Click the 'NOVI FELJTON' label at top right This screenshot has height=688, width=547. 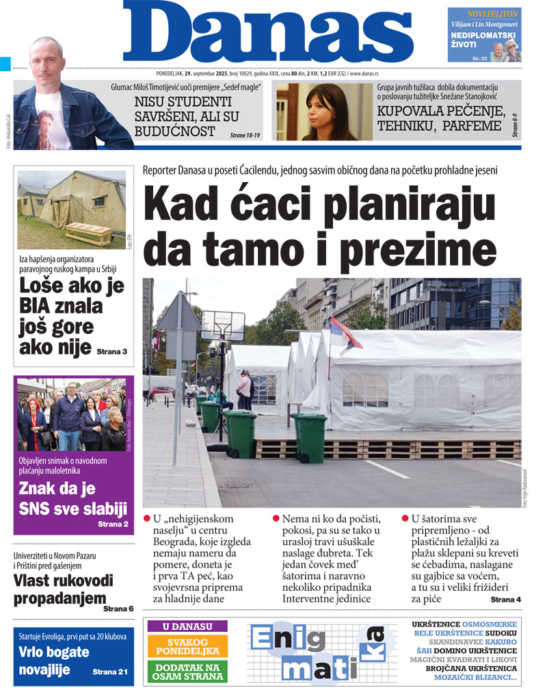(x=492, y=14)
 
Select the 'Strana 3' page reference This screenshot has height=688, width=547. (x=111, y=351)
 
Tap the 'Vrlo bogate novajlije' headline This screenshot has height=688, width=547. (x=54, y=661)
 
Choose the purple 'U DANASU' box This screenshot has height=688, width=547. (x=187, y=626)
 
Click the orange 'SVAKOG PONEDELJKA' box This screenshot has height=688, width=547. (x=187, y=646)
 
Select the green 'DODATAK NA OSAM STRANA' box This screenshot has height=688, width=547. (x=187, y=671)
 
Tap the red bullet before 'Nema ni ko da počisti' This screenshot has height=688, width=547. (x=276, y=518)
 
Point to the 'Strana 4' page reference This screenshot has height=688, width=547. (x=505, y=600)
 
